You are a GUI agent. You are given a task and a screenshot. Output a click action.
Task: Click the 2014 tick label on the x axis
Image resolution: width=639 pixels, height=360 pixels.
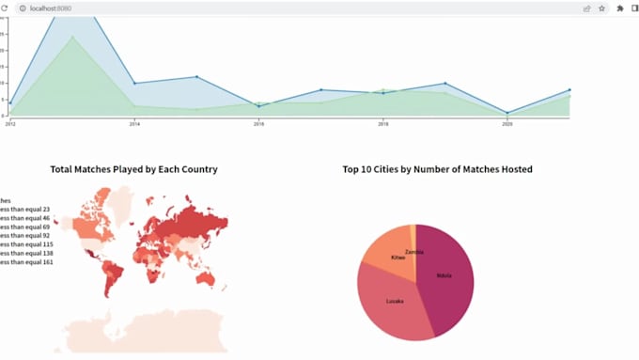(134, 123)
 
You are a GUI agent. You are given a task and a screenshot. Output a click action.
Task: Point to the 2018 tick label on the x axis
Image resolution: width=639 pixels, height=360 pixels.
(383, 123)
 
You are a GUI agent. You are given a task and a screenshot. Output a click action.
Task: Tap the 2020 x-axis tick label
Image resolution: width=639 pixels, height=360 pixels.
(507, 123)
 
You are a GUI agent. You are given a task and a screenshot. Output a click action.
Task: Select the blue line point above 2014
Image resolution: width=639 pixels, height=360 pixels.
(134, 84)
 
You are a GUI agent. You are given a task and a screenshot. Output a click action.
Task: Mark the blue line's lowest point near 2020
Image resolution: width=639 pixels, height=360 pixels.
(507, 113)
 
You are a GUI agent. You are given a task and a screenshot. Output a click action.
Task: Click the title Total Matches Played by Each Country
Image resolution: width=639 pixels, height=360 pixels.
(133, 169)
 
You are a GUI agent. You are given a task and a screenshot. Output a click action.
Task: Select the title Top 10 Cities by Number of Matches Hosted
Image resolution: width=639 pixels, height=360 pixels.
(437, 169)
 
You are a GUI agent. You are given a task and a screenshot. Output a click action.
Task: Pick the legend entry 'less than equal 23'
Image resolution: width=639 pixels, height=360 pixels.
(26, 209)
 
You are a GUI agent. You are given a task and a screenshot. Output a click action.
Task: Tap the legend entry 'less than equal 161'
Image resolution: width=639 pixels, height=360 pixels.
(26, 261)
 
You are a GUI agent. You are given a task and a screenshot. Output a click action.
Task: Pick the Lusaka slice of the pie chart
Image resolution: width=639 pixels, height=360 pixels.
(395, 301)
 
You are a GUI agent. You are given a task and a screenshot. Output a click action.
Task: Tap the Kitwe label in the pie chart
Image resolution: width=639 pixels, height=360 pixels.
(398, 257)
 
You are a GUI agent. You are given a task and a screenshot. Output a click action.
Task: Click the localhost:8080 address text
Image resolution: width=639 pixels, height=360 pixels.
(51, 8)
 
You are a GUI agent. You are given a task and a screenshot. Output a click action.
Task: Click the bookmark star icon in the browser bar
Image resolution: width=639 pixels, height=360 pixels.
(601, 8)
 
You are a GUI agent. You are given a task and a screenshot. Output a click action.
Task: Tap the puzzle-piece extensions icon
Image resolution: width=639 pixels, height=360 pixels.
(620, 8)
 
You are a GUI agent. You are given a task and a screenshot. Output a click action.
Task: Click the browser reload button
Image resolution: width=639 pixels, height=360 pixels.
(4, 8)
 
